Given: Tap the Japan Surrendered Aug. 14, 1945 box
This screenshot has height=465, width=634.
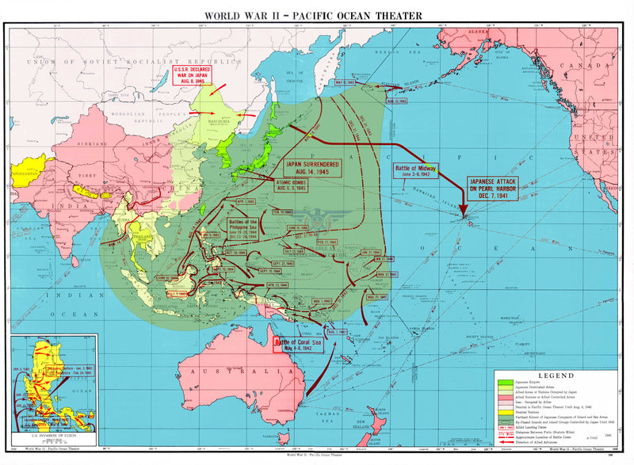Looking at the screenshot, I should pyautogui.click(x=312, y=168).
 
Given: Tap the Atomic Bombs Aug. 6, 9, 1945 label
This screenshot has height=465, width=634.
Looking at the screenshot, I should pyautogui.click(x=296, y=185).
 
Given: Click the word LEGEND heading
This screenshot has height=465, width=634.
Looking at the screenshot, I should pyautogui.click(x=556, y=375).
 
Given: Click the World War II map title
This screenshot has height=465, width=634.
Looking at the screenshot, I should pyautogui.click(x=313, y=15).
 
